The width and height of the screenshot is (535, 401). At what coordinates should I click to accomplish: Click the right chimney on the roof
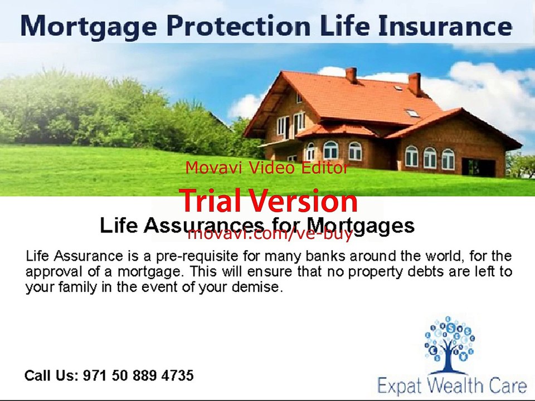pos(415,84)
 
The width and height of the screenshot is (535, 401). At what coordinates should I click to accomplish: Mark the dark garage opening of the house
pos(478,167)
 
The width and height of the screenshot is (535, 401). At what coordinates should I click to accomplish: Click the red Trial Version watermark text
pos(268,202)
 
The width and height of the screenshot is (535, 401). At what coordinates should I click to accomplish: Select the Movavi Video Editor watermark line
pos(267,168)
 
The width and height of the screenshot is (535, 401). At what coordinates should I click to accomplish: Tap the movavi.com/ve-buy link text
pos(270,234)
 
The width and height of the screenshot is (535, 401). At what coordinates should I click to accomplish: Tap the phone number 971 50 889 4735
pos(138,375)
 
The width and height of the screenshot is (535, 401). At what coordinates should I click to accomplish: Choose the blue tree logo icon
pos(449,344)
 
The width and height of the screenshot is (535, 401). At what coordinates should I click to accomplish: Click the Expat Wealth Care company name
pos(452,385)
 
